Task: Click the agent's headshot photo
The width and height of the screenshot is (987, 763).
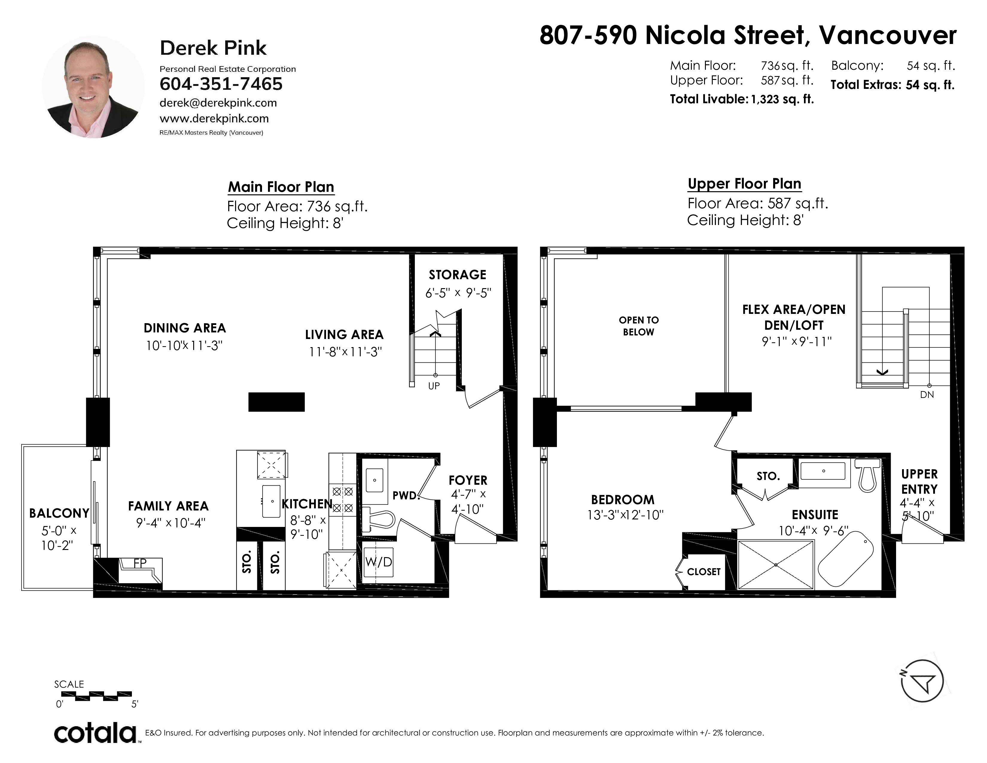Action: (93, 87)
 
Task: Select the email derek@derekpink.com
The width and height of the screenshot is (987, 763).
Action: (218, 103)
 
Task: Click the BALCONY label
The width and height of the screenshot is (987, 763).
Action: (59, 513)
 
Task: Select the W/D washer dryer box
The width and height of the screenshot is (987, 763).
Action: (379, 562)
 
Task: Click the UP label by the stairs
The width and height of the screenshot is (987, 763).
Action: (434, 386)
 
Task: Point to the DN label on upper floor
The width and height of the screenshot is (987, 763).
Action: (927, 395)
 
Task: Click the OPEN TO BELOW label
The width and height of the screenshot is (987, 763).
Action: (639, 326)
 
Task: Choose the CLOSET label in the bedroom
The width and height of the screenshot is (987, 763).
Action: (704, 572)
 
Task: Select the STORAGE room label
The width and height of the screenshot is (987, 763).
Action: (457, 275)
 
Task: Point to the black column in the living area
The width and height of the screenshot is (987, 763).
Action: (277, 402)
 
